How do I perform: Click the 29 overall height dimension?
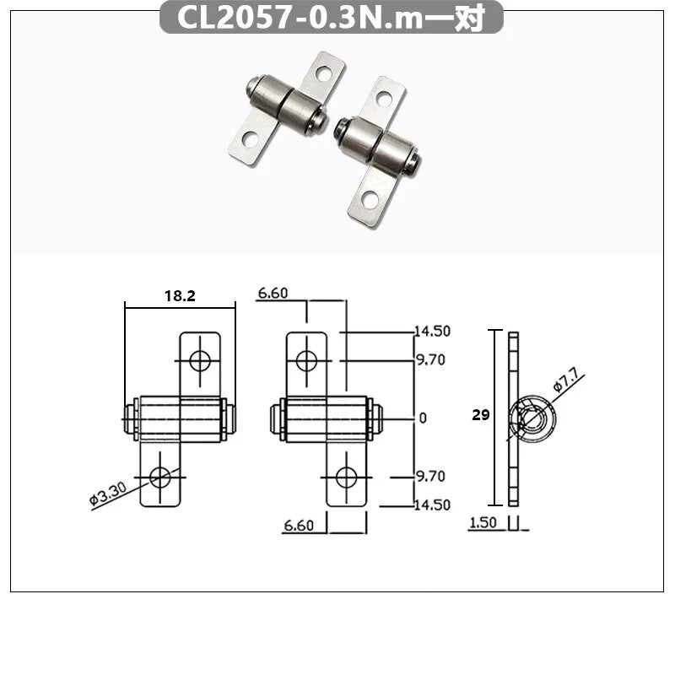click(x=479, y=416)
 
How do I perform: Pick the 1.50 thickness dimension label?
click(x=482, y=523)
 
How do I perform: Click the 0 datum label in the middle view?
click(x=423, y=418)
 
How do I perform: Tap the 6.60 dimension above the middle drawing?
click(x=273, y=293)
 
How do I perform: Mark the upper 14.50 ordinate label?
click(x=431, y=331)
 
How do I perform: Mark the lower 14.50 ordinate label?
click(x=431, y=505)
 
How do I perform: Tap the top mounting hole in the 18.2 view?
click(x=200, y=361)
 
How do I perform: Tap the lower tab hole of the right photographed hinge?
click(x=368, y=199)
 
